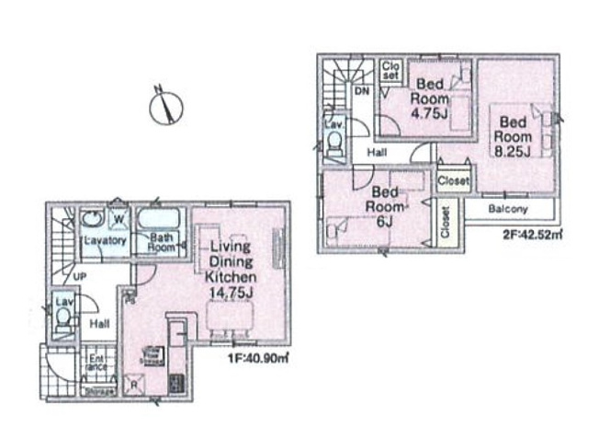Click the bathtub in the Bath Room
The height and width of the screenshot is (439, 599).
tap(163, 222)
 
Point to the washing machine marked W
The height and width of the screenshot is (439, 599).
tap(119, 218)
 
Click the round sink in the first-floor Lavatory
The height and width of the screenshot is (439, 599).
tap(92, 219)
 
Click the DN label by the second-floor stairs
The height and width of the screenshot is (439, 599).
tap(362, 92)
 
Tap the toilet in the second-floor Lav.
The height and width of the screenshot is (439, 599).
tap(335, 142)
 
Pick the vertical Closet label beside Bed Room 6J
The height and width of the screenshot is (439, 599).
tap(446, 221)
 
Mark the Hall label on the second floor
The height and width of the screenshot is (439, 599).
tap(377, 152)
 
